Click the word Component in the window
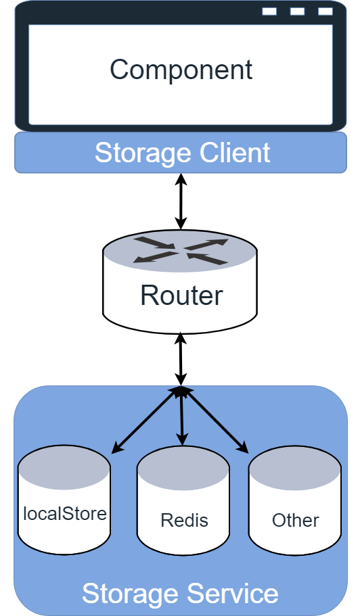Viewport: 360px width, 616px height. click(x=181, y=70)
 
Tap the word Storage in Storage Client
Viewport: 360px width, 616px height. click(x=144, y=153)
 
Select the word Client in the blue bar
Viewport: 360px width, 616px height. click(x=235, y=152)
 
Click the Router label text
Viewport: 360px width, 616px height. click(x=181, y=295)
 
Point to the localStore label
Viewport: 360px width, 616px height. click(x=65, y=513)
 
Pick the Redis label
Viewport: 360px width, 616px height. click(x=184, y=521)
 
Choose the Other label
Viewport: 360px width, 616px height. click(x=295, y=521)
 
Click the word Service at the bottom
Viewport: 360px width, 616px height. click(x=232, y=594)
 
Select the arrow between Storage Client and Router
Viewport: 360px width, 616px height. click(x=181, y=202)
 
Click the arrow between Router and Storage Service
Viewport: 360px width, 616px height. click(x=181, y=359)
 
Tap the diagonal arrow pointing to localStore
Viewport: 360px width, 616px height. click(x=145, y=421)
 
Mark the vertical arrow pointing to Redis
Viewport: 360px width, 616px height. click(x=181, y=417)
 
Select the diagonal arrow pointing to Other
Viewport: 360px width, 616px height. click(x=215, y=421)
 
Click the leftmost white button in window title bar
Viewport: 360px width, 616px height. click(x=269, y=11)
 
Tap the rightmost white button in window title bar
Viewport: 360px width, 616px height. click(x=325, y=11)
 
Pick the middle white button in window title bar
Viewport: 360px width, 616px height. click(x=297, y=11)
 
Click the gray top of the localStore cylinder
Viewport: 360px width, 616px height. click(x=64, y=467)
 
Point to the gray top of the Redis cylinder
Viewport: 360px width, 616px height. click(x=183, y=468)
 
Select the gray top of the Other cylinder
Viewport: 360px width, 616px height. click(x=295, y=468)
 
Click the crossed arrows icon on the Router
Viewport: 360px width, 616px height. click(x=181, y=250)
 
